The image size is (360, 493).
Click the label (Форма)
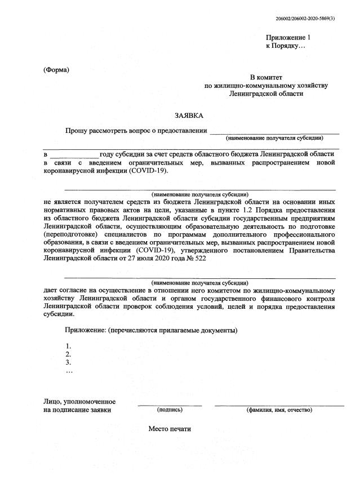pyautogui.click(x=56, y=70)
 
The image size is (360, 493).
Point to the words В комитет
pyautogui.click(x=266, y=77)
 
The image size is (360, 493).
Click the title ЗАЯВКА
pyautogui.click(x=188, y=116)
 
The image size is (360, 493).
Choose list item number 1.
pyautogui.click(x=68, y=346)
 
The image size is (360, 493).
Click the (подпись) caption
pyautogui.click(x=170, y=410)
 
